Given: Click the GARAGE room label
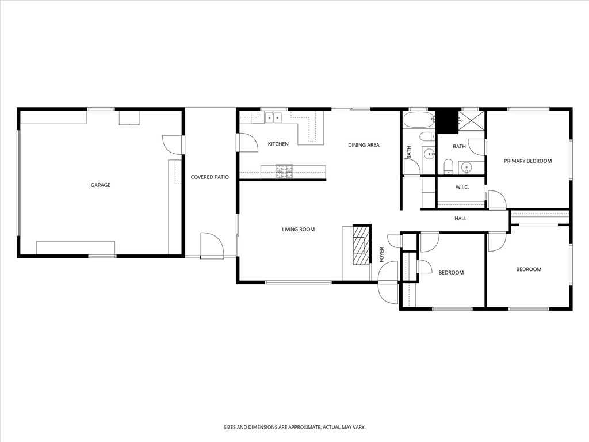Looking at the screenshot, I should [x=100, y=185].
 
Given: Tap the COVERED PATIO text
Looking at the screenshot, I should [x=210, y=177].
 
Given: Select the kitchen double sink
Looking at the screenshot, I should [x=273, y=118].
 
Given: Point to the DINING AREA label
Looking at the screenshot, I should [x=364, y=145].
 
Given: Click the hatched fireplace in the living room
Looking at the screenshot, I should [x=361, y=245].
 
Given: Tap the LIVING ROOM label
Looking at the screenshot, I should [x=298, y=230].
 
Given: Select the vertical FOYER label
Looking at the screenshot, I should [x=381, y=254].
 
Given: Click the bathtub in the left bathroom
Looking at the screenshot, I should [x=418, y=120].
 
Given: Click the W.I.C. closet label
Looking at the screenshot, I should [x=462, y=187].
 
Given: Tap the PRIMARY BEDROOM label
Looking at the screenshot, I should [x=527, y=161].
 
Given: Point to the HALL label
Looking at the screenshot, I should [x=461, y=219].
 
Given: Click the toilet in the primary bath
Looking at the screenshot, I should [x=449, y=166].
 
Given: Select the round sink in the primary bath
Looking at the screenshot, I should [x=467, y=167].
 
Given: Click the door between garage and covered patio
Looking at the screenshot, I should [x=173, y=144].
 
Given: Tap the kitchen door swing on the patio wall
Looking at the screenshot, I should [x=246, y=143].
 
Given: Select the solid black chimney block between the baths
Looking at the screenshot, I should [x=446, y=121].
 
